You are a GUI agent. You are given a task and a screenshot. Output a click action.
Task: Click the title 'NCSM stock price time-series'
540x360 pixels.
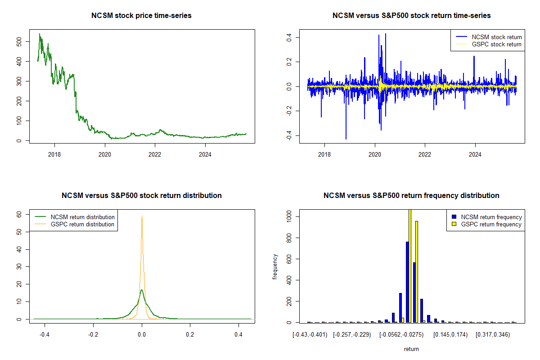coord(142,16)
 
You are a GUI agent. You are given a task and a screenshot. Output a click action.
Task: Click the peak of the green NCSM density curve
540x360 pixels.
coord(142,290)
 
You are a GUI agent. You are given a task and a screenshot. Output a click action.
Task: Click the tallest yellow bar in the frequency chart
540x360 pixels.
coord(410,265)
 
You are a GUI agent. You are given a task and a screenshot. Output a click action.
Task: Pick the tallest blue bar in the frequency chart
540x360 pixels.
coord(407,282)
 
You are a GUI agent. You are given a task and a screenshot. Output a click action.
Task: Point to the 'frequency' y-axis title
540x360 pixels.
coord(275,266)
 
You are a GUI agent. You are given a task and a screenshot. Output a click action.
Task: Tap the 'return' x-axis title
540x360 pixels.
coord(411,349)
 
